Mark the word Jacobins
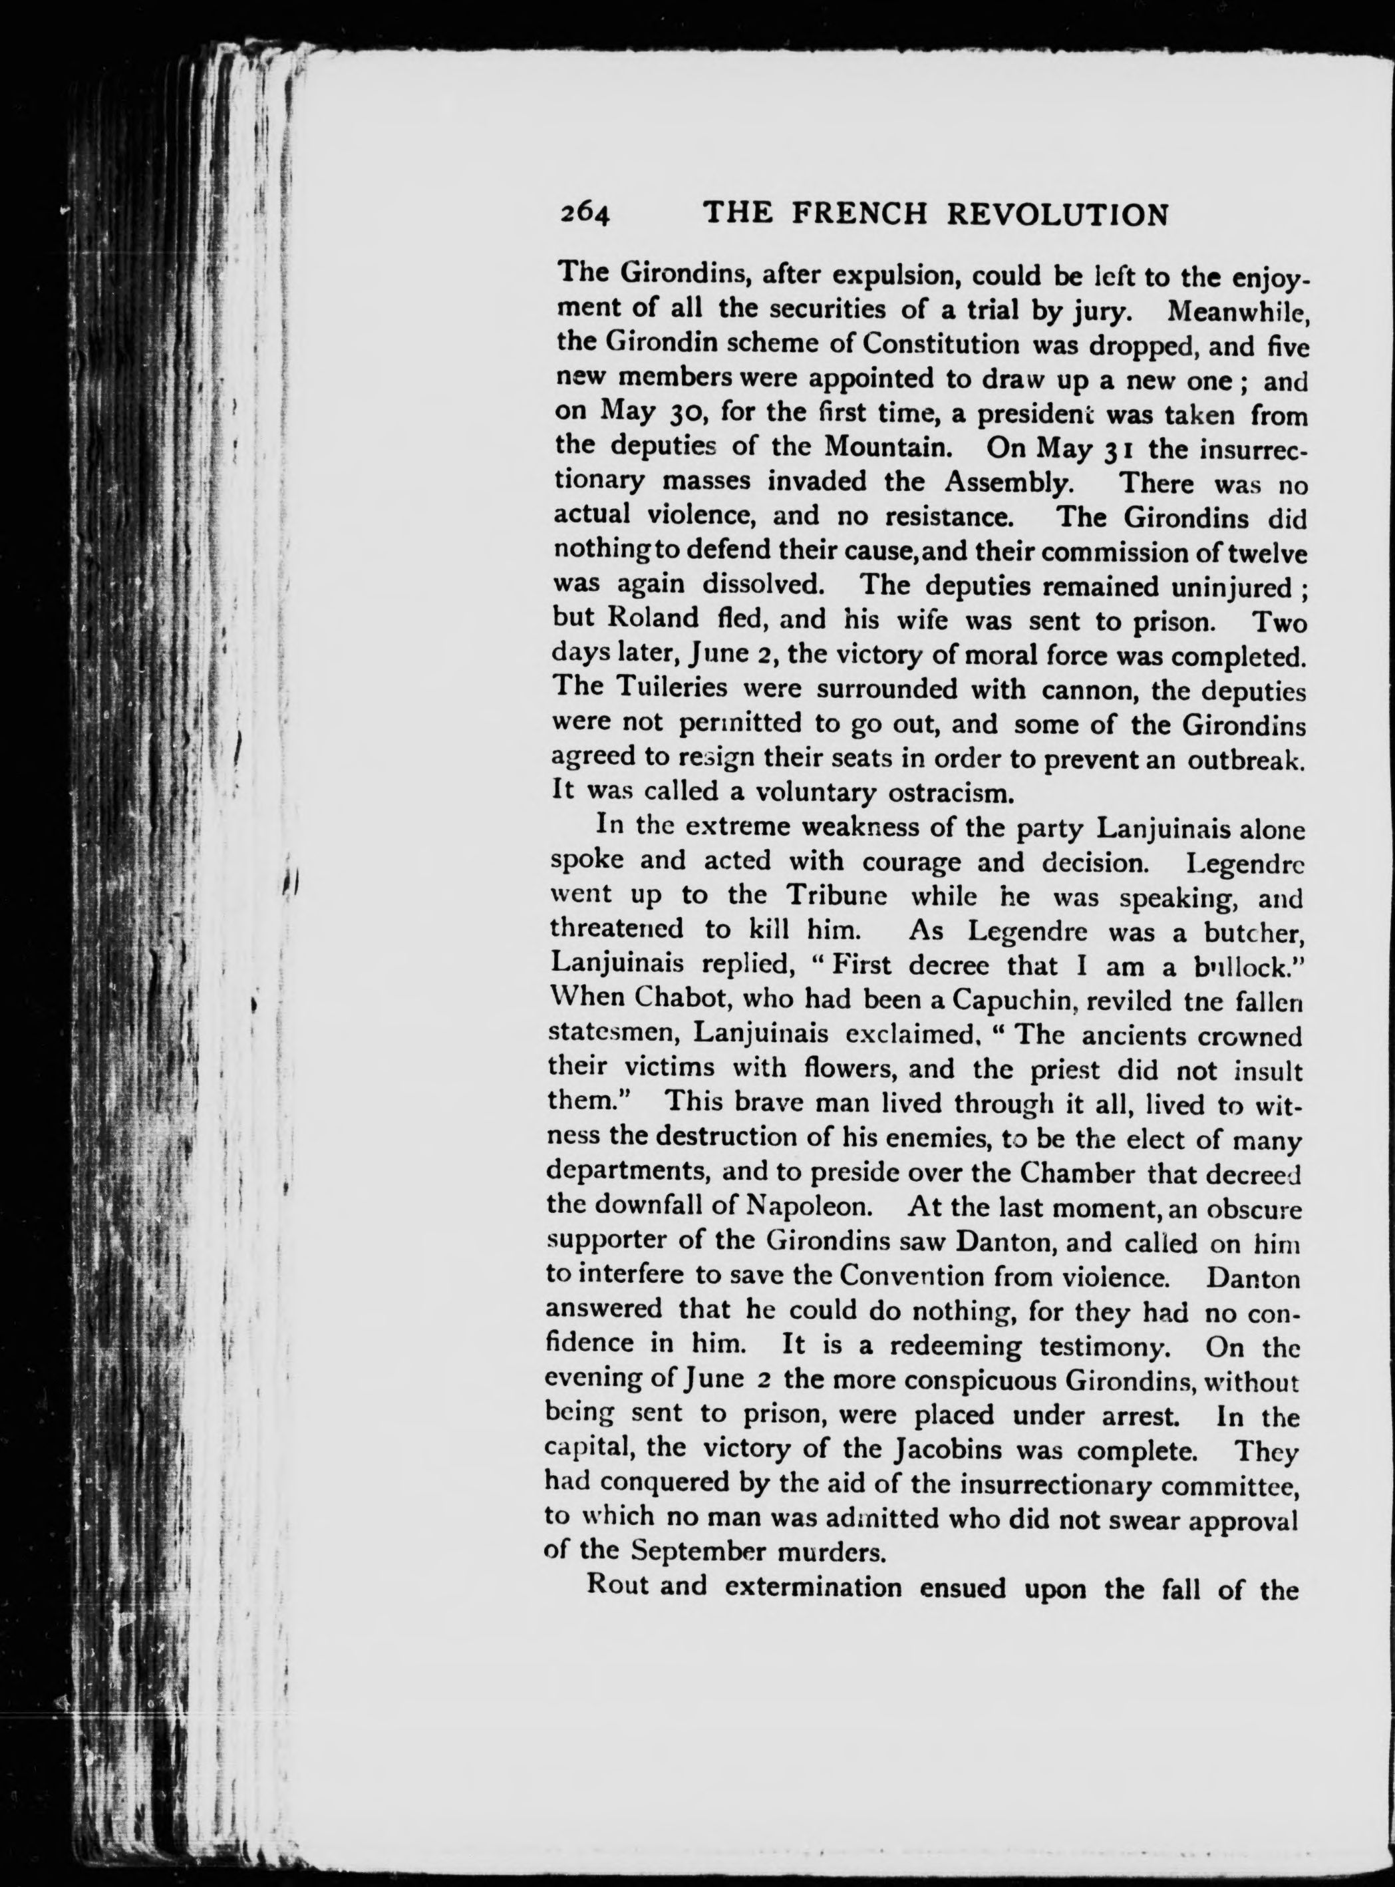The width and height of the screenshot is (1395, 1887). pyautogui.click(x=946, y=1448)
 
